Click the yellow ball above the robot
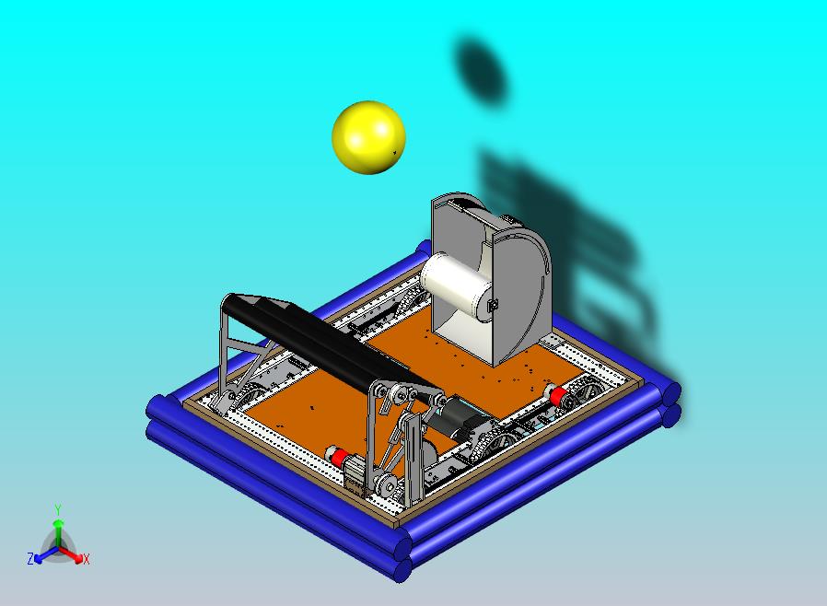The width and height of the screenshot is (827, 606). pyautogui.click(x=368, y=137)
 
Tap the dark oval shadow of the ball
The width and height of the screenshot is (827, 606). pyautogui.click(x=480, y=71)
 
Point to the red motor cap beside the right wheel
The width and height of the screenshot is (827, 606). pyautogui.click(x=558, y=395)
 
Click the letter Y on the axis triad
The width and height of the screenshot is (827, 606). pyautogui.click(x=58, y=509)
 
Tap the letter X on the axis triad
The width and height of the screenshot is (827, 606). pyautogui.click(x=86, y=559)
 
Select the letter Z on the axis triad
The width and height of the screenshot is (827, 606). pyautogui.click(x=30, y=558)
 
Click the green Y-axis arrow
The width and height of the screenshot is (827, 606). pyautogui.click(x=58, y=533)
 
